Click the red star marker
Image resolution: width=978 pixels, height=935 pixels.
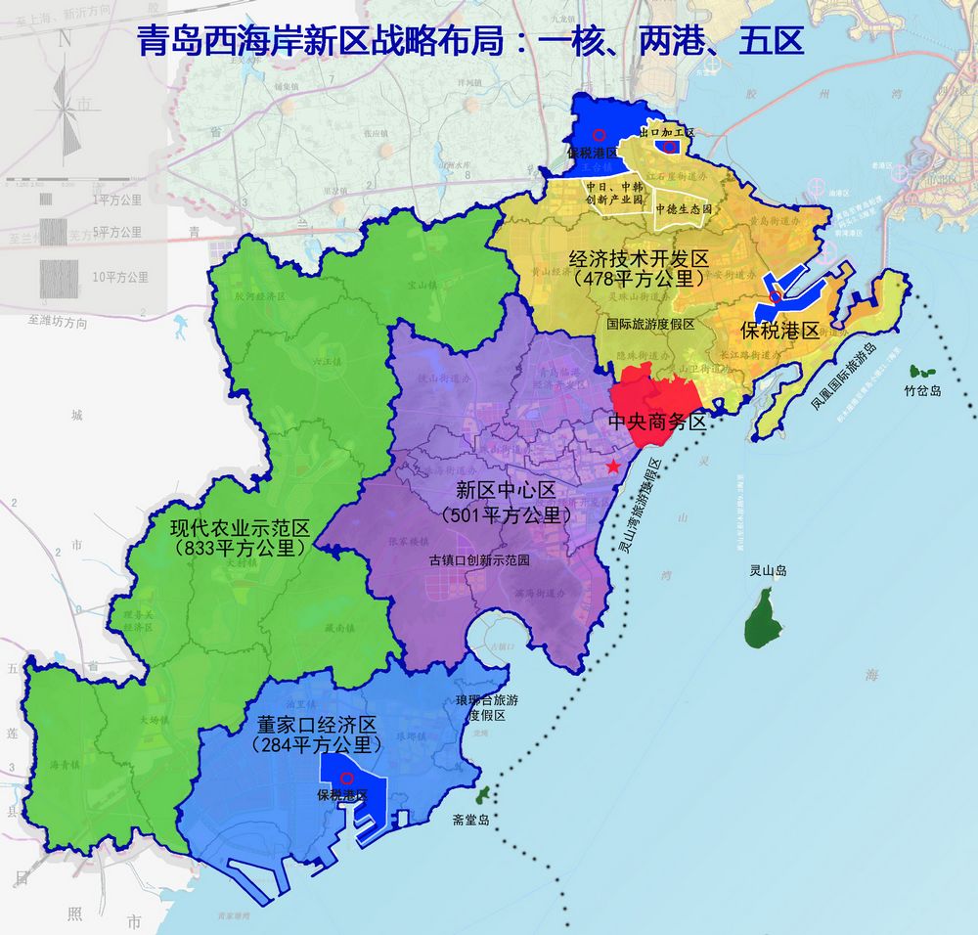click(613, 467)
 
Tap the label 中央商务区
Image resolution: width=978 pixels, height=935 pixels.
click(656, 423)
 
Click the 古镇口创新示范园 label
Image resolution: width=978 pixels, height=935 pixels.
click(479, 561)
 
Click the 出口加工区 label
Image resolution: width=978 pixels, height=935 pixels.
click(666, 131)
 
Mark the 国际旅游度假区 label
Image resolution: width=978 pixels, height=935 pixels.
click(649, 324)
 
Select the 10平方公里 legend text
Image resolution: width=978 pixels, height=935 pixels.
click(120, 278)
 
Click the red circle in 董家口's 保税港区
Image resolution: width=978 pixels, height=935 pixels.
click(345, 779)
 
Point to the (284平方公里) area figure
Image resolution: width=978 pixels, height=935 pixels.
click(316, 745)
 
